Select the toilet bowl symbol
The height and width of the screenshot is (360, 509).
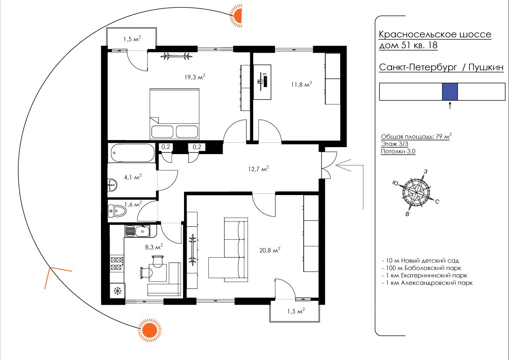[x=117, y=212]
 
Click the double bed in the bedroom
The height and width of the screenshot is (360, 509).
[x=174, y=113]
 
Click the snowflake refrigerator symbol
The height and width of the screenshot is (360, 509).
[x=117, y=290]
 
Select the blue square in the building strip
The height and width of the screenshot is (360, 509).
[x=450, y=92]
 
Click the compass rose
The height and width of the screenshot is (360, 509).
[x=416, y=191]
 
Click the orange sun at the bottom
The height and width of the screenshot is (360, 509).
[x=150, y=329]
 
